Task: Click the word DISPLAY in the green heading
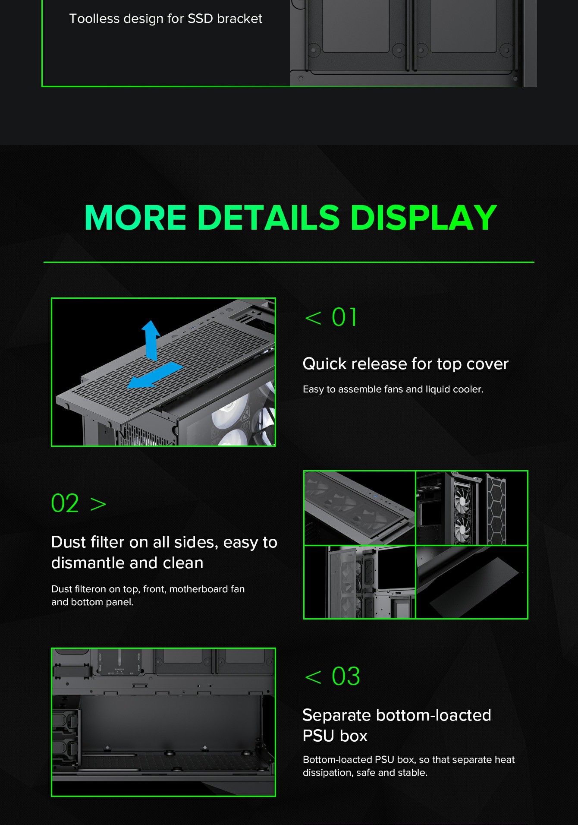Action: (x=424, y=217)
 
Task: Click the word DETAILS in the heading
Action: (x=269, y=217)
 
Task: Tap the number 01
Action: (x=344, y=317)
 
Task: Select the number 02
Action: (x=65, y=503)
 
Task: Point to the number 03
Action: (x=346, y=676)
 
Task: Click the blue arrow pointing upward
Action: (x=151, y=340)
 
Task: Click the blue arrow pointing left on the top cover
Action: (x=155, y=375)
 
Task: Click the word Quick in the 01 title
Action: (x=324, y=364)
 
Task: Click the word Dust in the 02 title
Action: (x=69, y=542)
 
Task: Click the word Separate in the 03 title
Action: (x=336, y=715)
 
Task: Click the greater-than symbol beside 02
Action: (x=98, y=504)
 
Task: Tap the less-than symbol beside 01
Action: (x=313, y=318)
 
